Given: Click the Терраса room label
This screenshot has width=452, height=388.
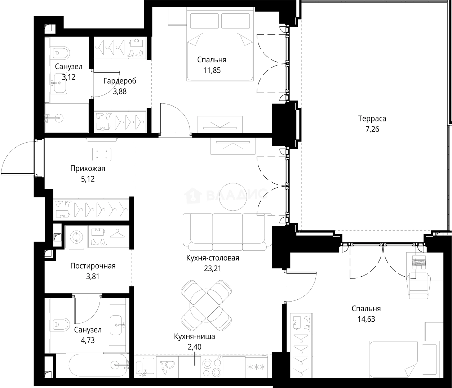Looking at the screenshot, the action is click(x=372, y=119).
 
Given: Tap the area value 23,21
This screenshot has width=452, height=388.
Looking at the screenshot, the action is click(x=212, y=268).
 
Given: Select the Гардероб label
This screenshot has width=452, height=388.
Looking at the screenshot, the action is click(x=120, y=81).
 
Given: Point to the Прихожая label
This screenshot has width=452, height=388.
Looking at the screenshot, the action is click(x=88, y=169).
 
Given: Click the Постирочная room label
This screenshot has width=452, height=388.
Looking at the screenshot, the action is click(x=93, y=266).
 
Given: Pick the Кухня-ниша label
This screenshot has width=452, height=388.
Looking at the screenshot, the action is click(x=194, y=336).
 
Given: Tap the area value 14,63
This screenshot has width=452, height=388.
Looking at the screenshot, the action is click(x=366, y=319).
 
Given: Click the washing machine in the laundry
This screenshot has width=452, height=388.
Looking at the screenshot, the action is click(x=76, y=237).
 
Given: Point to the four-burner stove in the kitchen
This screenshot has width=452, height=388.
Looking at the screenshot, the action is click(x=212, y=367).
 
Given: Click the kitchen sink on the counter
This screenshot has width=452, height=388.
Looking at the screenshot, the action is click(x=145, y=367).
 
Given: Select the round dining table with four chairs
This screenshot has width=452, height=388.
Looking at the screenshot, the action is click(x=206, y=306).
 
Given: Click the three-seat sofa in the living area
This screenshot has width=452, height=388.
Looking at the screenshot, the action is click(x=227, y=232).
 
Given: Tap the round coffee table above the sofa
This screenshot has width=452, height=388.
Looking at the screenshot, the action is click(x=233, y=197).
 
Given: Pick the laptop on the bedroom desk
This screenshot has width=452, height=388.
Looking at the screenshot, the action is click(x=418, y=262).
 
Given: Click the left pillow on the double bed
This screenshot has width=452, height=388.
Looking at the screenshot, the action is click(x=204, y=21).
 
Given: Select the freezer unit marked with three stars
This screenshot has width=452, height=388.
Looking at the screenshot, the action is click(x=256, y=367).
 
